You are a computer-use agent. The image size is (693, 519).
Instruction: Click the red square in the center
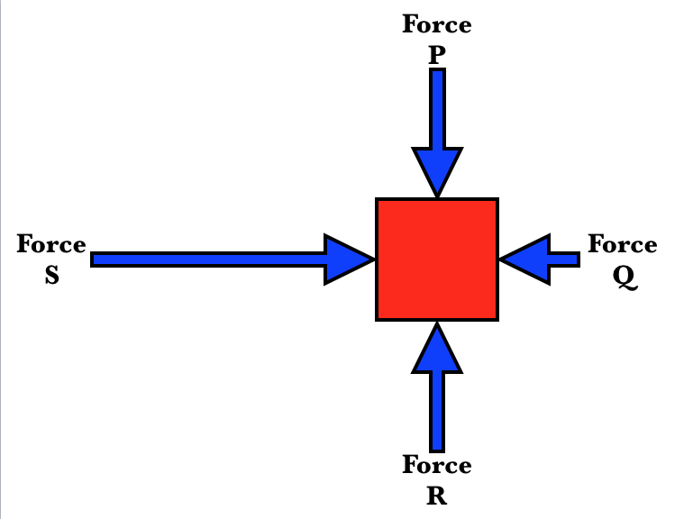pyautogui.click(x=437, y=259)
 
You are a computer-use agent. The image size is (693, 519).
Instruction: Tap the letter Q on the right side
pyautogui.click(x=624, y=278)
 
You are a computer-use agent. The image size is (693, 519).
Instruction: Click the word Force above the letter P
pyautogui.click(x=437, y=24)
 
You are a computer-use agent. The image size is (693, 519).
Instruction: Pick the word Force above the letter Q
pyautogui.click(x=623, y=244)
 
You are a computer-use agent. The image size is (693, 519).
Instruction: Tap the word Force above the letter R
pyautogui.click(x=437, y=465)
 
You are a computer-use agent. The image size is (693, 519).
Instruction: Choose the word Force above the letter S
pyautogui.click(x=51, y=244)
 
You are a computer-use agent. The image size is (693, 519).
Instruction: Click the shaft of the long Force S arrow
pyautogui.click(x=207, y=259)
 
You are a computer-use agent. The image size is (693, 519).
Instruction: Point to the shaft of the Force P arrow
pyautogui.click(x=437, y=108)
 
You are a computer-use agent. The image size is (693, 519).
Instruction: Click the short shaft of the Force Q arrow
pyautogui.click(x=564, y=259)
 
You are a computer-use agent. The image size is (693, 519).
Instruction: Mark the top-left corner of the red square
pyautogui.click(x=378, y=201)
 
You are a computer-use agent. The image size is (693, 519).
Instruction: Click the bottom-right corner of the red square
pyautogui.click(x=496, y=318)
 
